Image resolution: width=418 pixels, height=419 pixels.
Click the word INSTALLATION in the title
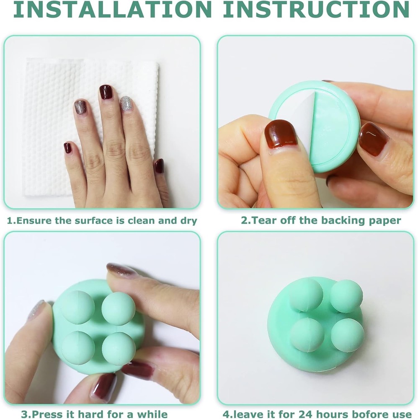click(112, 10)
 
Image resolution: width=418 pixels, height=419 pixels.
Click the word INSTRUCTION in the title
click(316, 10)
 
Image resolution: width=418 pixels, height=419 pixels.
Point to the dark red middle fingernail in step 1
click(106, 92)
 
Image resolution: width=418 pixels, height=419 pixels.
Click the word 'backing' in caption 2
click(336, 220)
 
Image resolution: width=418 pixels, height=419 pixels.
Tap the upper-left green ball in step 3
click(77, 308)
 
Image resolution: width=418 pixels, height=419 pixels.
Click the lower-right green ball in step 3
click(119, 349)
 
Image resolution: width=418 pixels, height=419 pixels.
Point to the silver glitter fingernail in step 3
click(37, 310)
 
